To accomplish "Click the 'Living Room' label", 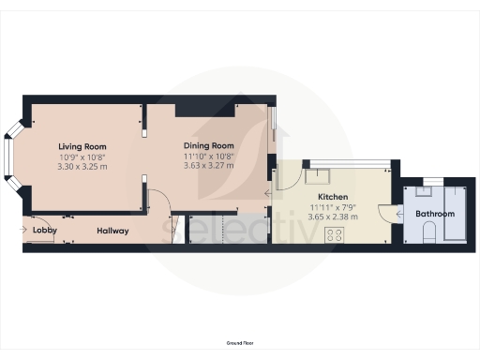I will [x=82, y=146].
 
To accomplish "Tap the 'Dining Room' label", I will [x=208, y=145].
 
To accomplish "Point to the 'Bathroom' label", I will [x=436, y=214].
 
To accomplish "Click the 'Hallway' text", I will [x=112, y=231].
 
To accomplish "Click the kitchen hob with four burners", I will [x=332, y=236].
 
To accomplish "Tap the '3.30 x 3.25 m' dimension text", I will [x=82, y=166].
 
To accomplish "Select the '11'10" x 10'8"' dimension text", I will [x=208, y=156].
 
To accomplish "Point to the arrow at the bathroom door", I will [x=401, y=214].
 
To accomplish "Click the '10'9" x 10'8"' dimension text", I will [x=82, y=157].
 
